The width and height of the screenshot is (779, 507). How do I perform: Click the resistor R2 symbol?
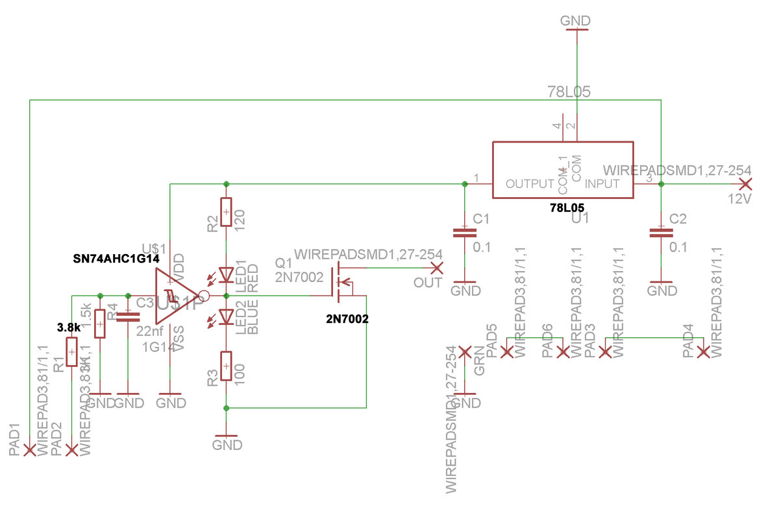click(226, 212)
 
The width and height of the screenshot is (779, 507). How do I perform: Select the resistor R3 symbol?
click(226, 366)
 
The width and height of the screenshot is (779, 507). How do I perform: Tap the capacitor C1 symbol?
click(464, 233)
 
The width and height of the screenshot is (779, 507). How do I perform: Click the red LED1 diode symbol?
click(226, 276)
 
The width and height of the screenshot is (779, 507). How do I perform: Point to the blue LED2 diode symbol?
click(226, 316)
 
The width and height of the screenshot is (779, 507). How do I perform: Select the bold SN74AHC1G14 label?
click(116, 258)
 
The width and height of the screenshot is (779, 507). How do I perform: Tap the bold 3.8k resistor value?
click(68, 327)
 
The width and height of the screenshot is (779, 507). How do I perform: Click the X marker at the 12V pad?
click(747, 184)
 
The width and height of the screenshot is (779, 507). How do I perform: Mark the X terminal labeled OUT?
click(437, 268)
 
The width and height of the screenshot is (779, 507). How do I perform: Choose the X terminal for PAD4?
click(702, 352)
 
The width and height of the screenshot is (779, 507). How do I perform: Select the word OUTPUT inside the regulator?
click(530, 184)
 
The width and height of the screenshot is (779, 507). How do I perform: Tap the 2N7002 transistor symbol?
click(341, 283)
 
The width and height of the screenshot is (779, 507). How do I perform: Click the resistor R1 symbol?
click(72, 352)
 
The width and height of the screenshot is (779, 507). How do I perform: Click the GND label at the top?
click(575, 21)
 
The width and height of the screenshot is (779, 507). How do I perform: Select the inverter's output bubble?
click(204, 296)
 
